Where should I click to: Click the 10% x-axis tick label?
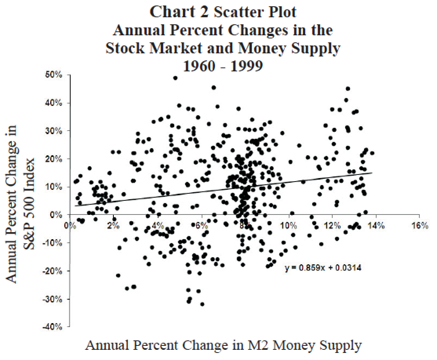pos(288,226)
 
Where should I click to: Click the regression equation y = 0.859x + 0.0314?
pos(322,268)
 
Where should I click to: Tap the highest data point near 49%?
pos(175,78)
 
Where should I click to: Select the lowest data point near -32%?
pos(202,304)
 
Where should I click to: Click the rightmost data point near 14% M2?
pos(372,153)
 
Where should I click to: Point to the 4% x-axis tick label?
pos(157,226)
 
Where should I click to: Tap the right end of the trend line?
pos(372,173)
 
